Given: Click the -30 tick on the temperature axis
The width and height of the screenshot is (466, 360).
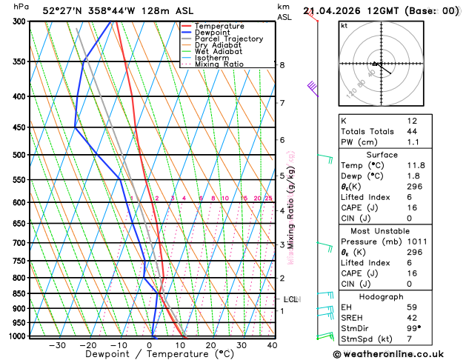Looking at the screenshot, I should (56, 345).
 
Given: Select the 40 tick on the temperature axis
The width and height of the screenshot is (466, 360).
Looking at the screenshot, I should (272, 345).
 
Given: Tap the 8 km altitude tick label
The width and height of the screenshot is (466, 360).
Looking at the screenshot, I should (282, 65).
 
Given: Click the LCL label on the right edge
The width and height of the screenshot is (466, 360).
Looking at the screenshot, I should (290, 299).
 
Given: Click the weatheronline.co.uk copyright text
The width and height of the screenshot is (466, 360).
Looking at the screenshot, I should (399, 353).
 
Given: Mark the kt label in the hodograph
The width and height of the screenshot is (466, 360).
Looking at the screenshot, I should (344, 25).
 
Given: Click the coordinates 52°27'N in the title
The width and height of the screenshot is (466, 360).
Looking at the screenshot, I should (62, 10).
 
